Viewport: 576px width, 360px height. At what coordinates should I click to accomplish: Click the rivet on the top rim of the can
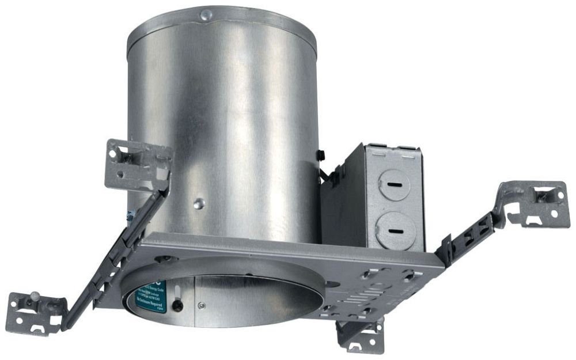tap(206, 13)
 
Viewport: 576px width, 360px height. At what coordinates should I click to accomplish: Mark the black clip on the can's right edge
tap(320, 154)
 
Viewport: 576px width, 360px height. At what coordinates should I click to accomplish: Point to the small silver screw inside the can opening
tap(201, 306)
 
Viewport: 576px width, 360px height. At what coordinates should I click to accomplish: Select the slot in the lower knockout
tap(396, 230)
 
